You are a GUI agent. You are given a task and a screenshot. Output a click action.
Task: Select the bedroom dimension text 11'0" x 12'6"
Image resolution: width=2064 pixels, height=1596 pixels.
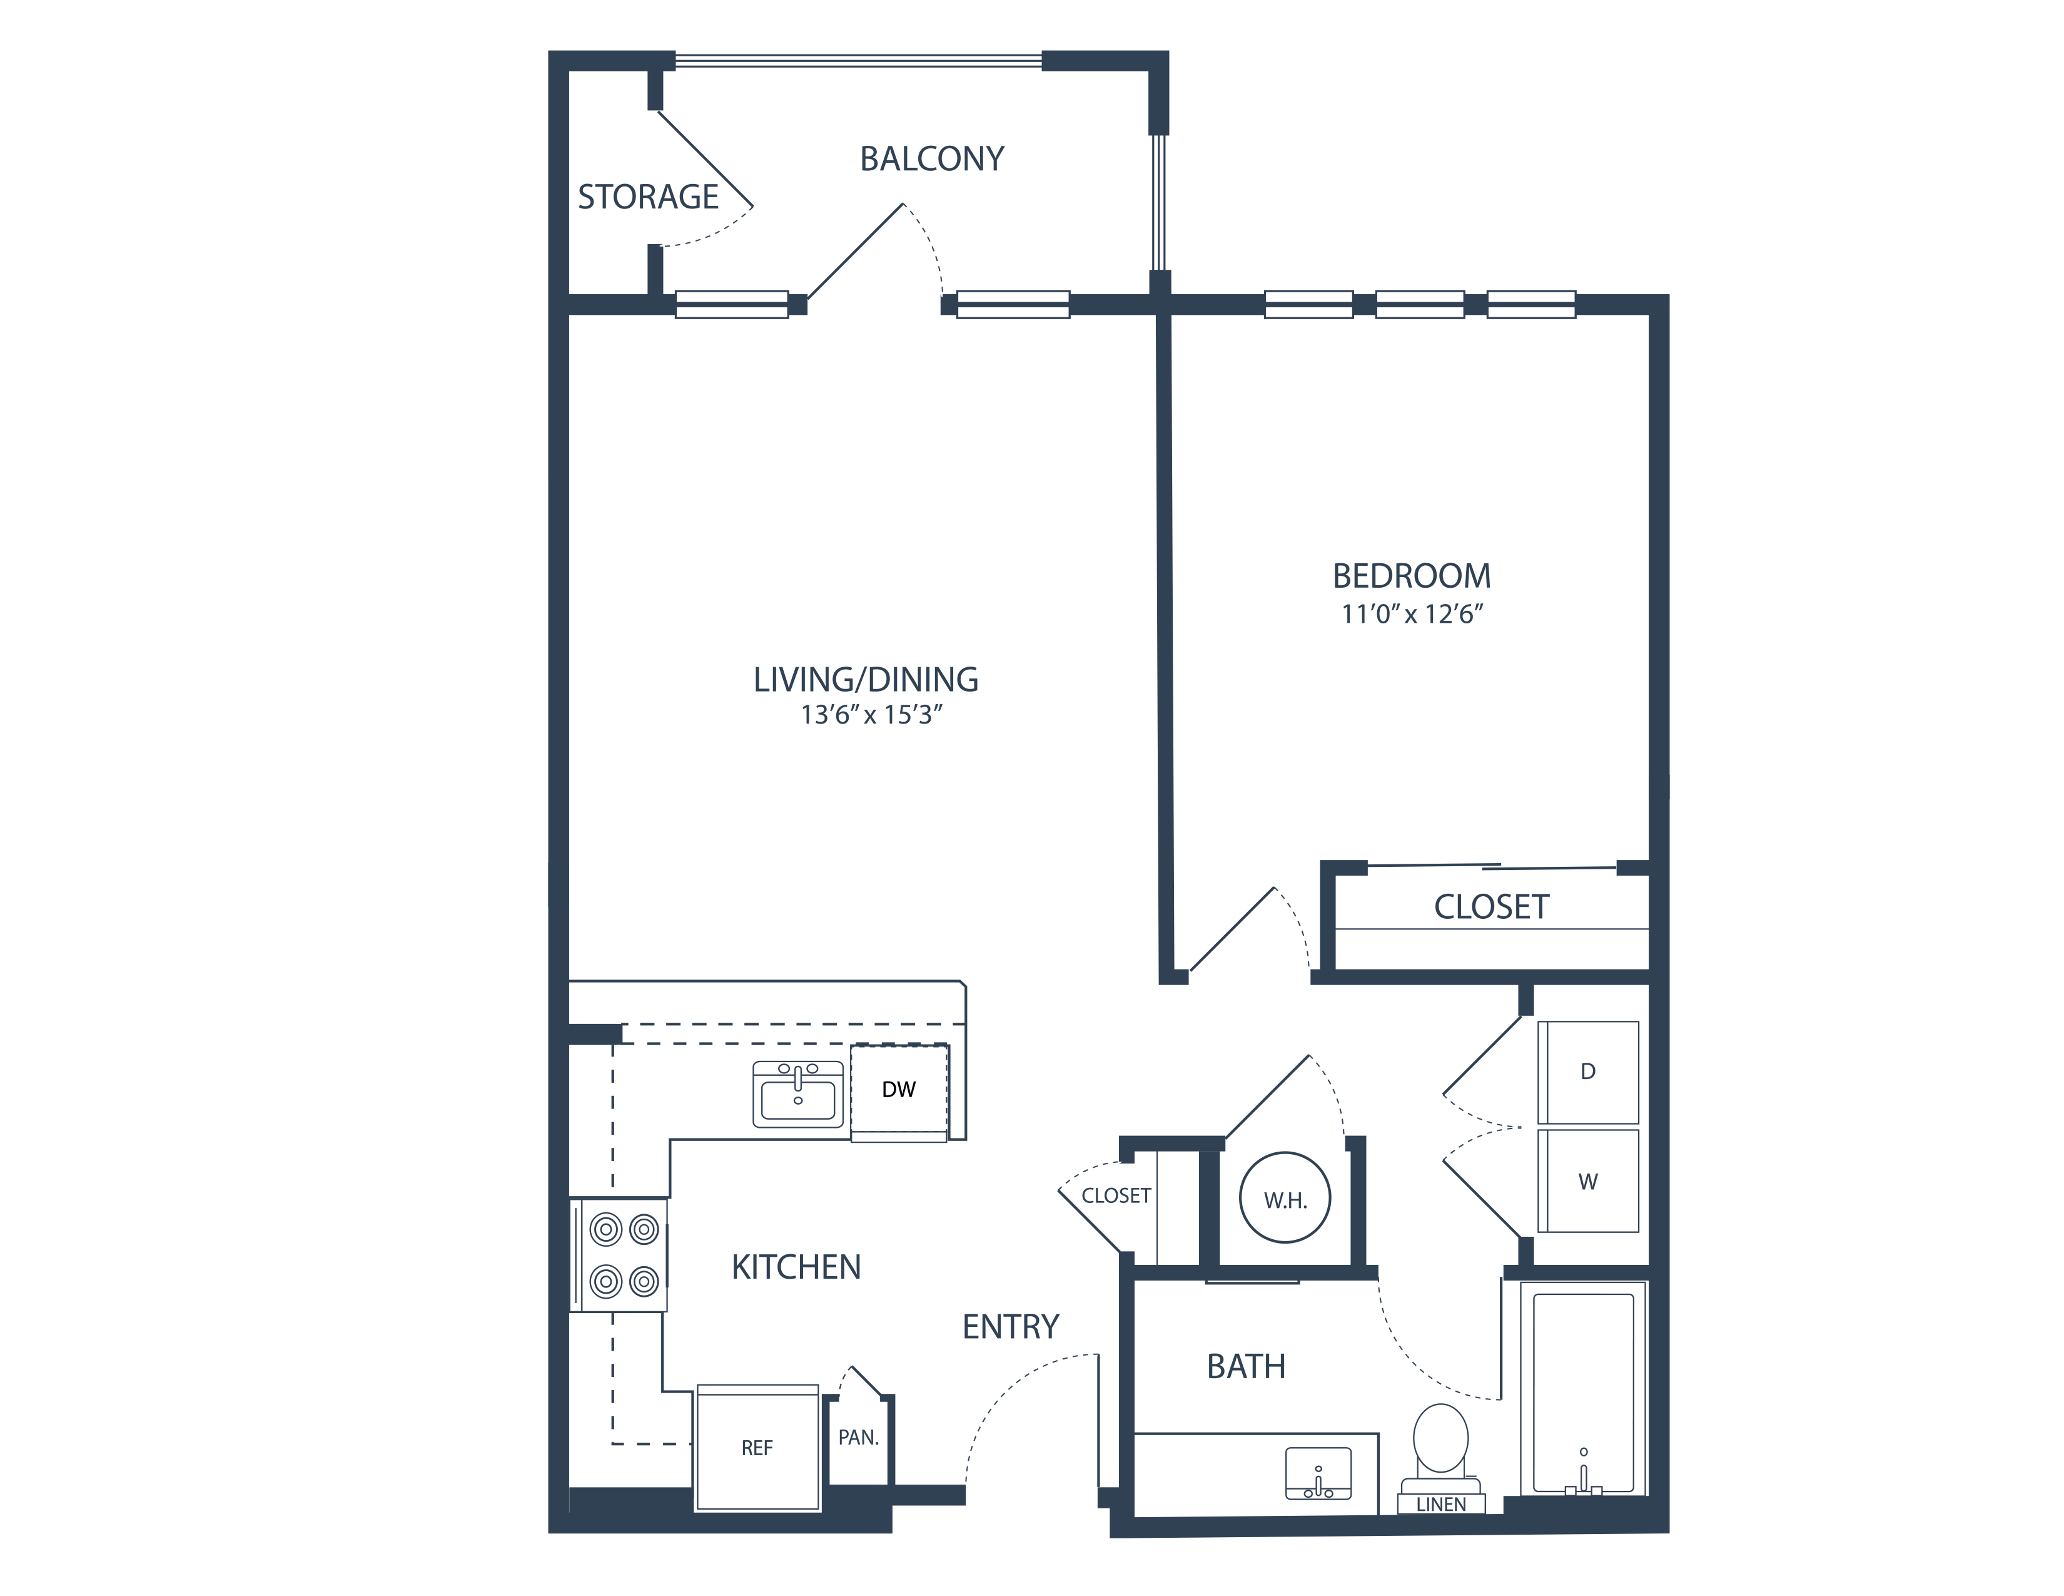[x=1412, y=615]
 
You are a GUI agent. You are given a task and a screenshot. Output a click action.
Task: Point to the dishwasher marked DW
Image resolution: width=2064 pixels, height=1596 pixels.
[x=899, y=1090]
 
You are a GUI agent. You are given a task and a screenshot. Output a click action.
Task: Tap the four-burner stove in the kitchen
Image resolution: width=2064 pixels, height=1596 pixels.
[x=620, y=1256]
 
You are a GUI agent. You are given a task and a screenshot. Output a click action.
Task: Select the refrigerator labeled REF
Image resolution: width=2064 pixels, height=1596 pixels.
[x=757, y=1448]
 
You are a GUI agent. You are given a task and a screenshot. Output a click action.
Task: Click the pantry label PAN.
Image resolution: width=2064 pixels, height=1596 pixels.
[x=858, y=1438]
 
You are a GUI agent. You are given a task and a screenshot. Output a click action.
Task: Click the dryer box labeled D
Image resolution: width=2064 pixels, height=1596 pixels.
[x=1587, y=1072]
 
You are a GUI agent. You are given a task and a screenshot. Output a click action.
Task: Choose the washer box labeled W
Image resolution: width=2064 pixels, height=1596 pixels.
[x=1587, y=1181]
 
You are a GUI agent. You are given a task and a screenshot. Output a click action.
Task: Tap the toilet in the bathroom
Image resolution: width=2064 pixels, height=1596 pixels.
[x=1440, y=1442]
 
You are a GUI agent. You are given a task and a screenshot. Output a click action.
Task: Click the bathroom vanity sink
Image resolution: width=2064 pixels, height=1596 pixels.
[x=1318, y=1474]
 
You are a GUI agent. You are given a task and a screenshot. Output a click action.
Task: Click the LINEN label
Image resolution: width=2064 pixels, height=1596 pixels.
[x=1441, y=1504]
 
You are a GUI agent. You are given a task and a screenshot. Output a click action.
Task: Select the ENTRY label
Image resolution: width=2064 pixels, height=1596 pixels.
[x=1010, y=1327]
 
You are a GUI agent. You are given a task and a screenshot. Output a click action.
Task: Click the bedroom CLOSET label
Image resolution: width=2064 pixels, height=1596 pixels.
[x=1491, y=907]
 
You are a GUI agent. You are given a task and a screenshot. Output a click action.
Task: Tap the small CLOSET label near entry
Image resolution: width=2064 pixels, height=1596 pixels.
[x=1115, y=1196]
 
